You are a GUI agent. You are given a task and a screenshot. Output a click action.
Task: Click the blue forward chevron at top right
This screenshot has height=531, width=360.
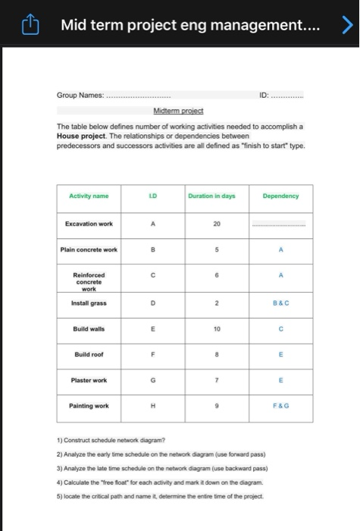click(346, 27)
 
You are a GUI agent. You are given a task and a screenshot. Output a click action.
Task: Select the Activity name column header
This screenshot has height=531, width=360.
click(89, 196)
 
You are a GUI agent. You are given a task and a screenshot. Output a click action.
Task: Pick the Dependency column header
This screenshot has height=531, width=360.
click(280, 196)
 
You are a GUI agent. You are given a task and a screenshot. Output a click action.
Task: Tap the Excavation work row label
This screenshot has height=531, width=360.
click(89, 224)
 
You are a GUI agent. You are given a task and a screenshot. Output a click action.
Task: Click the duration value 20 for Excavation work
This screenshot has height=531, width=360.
click(216, 224)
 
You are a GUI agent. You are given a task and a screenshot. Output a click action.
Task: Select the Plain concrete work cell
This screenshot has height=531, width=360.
click(89, 250)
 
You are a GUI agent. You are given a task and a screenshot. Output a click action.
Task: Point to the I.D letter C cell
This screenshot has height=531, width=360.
click(154, 278)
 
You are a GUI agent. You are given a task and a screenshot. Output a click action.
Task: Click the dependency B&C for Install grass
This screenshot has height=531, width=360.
click(280, 303)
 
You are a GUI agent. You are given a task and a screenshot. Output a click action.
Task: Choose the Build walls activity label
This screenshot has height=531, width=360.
click(89, 328)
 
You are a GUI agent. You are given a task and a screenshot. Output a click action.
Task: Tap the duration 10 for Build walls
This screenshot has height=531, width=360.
click(216, 328)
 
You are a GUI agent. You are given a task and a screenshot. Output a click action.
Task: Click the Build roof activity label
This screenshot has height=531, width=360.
click(89, 354)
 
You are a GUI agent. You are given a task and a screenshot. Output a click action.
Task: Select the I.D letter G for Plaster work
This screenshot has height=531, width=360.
click(154, 380)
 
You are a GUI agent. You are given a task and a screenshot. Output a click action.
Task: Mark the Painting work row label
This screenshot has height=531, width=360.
click(89, 406)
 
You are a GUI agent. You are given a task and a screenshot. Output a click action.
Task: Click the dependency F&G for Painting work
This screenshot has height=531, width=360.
click(280, 406)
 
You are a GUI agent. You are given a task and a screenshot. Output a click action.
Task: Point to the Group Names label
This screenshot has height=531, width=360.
click(80, 96)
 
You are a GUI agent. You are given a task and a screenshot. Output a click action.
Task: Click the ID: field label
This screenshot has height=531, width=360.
click(263, 96)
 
